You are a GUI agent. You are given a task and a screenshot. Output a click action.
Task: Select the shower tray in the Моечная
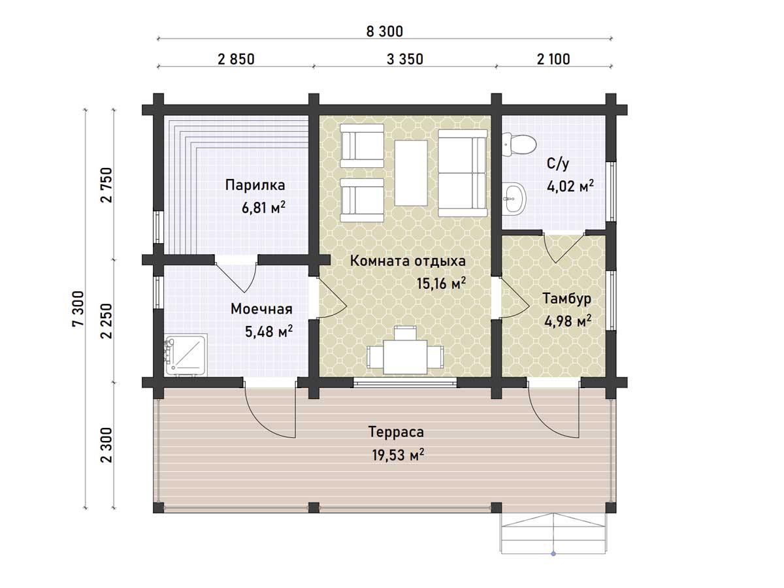point(186,355)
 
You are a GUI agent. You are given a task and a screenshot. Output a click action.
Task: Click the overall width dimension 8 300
point(384,31)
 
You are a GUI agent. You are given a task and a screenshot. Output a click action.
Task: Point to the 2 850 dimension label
point(236,59)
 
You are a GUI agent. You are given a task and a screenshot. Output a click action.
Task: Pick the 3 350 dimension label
point(404,59)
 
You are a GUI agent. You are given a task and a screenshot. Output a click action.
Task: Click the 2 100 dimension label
point(553,59)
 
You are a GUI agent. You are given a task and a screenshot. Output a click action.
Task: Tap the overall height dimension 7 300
point(78,308)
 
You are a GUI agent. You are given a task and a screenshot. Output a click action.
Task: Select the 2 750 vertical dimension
point(106,185)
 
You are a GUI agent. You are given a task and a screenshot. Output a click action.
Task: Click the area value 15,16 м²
point(441,283)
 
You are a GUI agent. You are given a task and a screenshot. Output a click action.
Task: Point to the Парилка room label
point(255,185)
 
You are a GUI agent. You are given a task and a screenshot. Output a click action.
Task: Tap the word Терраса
point(396,432)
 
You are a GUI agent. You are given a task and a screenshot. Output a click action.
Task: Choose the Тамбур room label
point(567,299)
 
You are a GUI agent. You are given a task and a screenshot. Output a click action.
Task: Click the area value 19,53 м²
point(398,455)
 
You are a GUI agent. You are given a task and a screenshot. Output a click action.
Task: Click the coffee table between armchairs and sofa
point(411,172)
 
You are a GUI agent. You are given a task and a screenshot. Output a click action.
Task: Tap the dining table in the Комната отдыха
point(405,357)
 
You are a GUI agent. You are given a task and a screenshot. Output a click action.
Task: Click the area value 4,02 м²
point(570,186)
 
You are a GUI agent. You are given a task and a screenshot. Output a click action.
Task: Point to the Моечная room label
point(261,309)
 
